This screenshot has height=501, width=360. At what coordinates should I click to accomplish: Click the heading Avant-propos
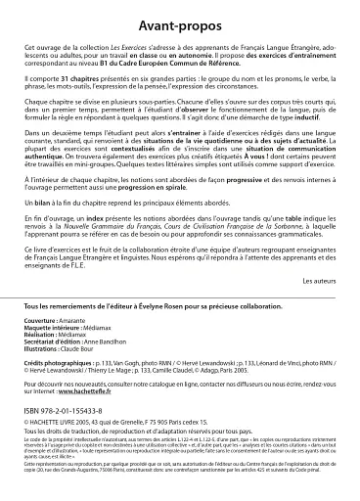[180, 21]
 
